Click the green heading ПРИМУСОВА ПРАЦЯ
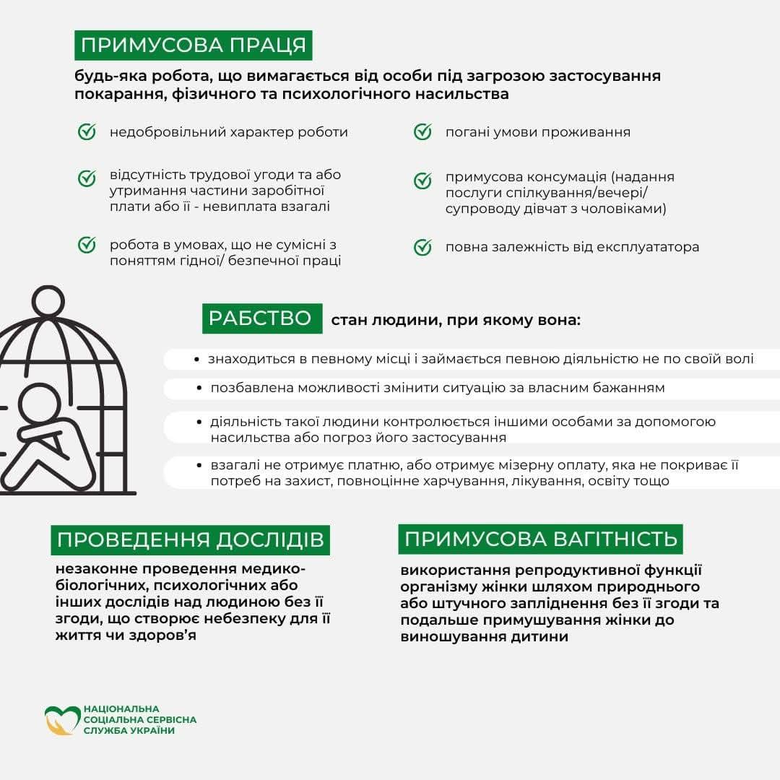tap(193, 45)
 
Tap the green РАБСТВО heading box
tap(261, 318)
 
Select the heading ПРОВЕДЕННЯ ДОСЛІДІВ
tap(190, 539)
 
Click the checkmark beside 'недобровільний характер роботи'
tap(87, 132)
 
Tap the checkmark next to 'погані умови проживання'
tap(422, 132)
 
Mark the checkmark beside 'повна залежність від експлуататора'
tap(422, 247)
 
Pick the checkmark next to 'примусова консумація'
tap(422, 181)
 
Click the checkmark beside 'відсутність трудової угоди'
tap(87, 178)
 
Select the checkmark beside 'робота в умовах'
tap(87, 245)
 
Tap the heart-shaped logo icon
tap(62, 720)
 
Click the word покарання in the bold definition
tap(112, 94)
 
